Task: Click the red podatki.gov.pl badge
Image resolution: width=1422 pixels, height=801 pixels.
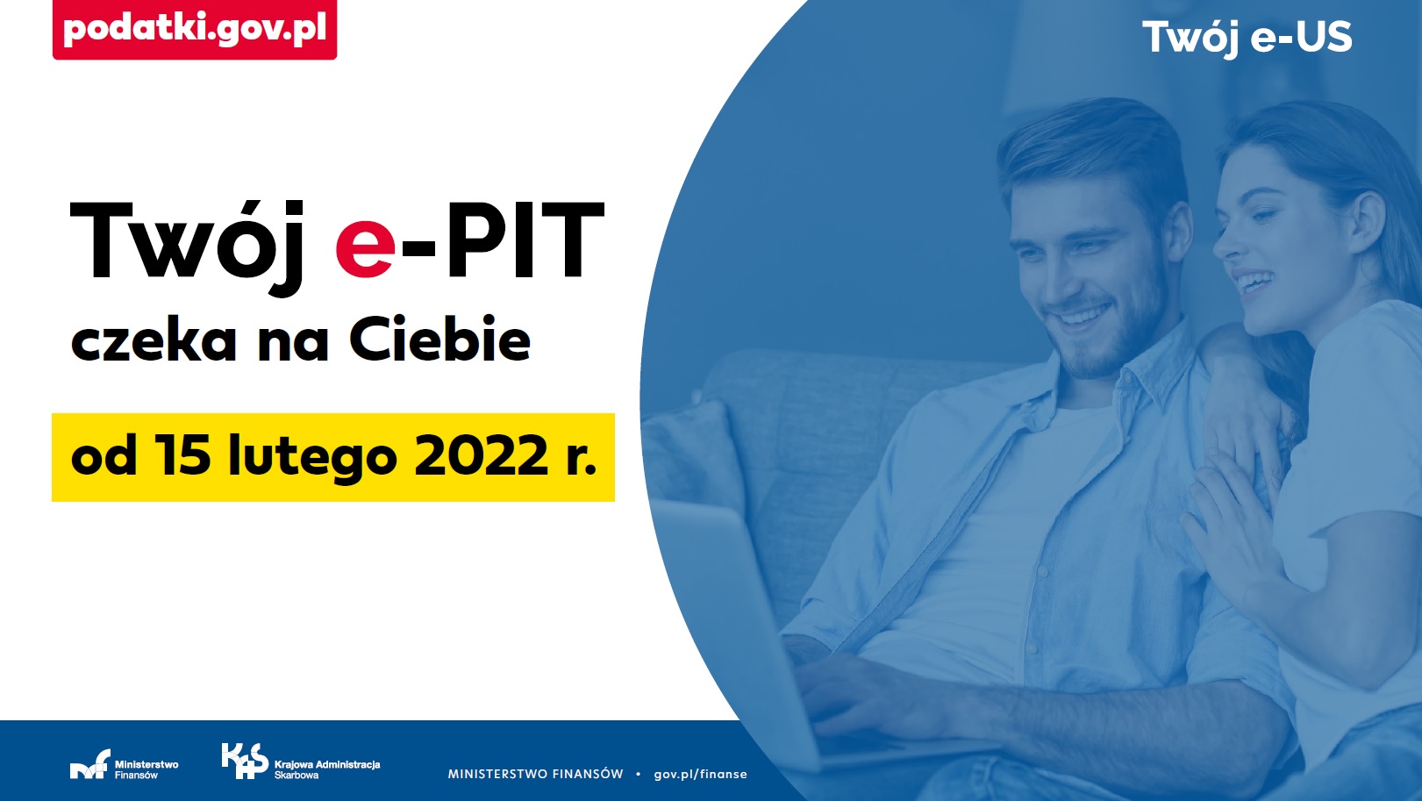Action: pos(194,29)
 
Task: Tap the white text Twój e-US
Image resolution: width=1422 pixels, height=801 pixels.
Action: pos(1247,38)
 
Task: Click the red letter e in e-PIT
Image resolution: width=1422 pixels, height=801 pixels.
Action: pos(366,249)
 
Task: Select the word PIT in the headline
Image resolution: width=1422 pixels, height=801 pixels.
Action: pos(525,240)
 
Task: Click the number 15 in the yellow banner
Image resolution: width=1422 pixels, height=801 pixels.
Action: pos(185,455)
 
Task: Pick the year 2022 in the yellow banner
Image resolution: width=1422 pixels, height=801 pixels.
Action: pos(482,455)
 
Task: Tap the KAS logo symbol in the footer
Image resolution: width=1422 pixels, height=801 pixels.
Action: pos(245,761)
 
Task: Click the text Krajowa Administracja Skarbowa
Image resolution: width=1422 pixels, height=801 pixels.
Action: pos(327,769)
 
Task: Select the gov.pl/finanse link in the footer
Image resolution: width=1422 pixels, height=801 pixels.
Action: pos(700,775)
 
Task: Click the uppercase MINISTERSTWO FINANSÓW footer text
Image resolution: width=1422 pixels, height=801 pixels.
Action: pos(535,775)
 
